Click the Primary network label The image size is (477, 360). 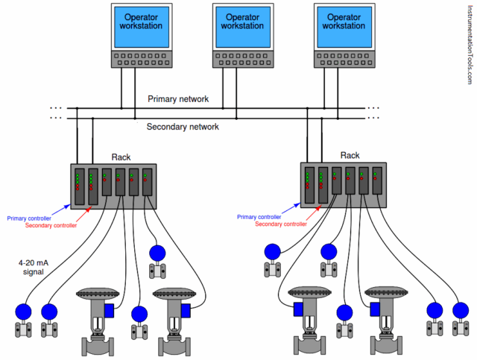(x=178, y=99)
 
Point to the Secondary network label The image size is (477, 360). (x=183, y=127)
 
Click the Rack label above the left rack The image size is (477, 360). (x=121, y=157)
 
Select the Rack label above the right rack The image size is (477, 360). (x=350, y=156)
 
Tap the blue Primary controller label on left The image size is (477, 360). (x=31, y=218)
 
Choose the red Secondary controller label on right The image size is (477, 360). (x=281, y=224)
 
